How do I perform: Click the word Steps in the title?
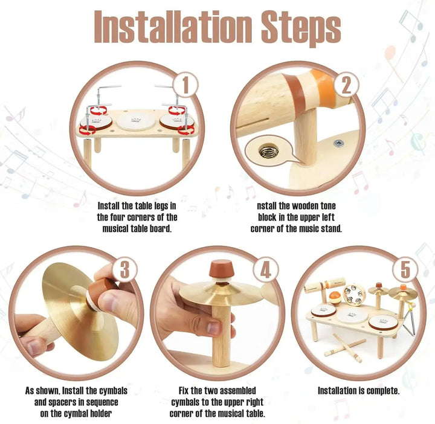(x=301, y=28)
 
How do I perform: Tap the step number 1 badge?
(x=185, y=84)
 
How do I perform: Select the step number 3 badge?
(x=124, y=269)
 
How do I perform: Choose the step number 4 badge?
(x=265, y=269)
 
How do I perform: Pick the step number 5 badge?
(x=405, y=269)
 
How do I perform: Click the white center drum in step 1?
(x=136, y=122)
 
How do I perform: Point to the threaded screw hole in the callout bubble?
(x=268, y=151)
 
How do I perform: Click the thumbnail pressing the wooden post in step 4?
(x=214, y=327)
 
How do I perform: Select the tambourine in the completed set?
(x=353, y=295)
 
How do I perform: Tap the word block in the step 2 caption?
(x=268, y=217)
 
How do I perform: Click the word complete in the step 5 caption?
(x=384, y=391)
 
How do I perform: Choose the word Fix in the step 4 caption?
(x=184, y=391)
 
